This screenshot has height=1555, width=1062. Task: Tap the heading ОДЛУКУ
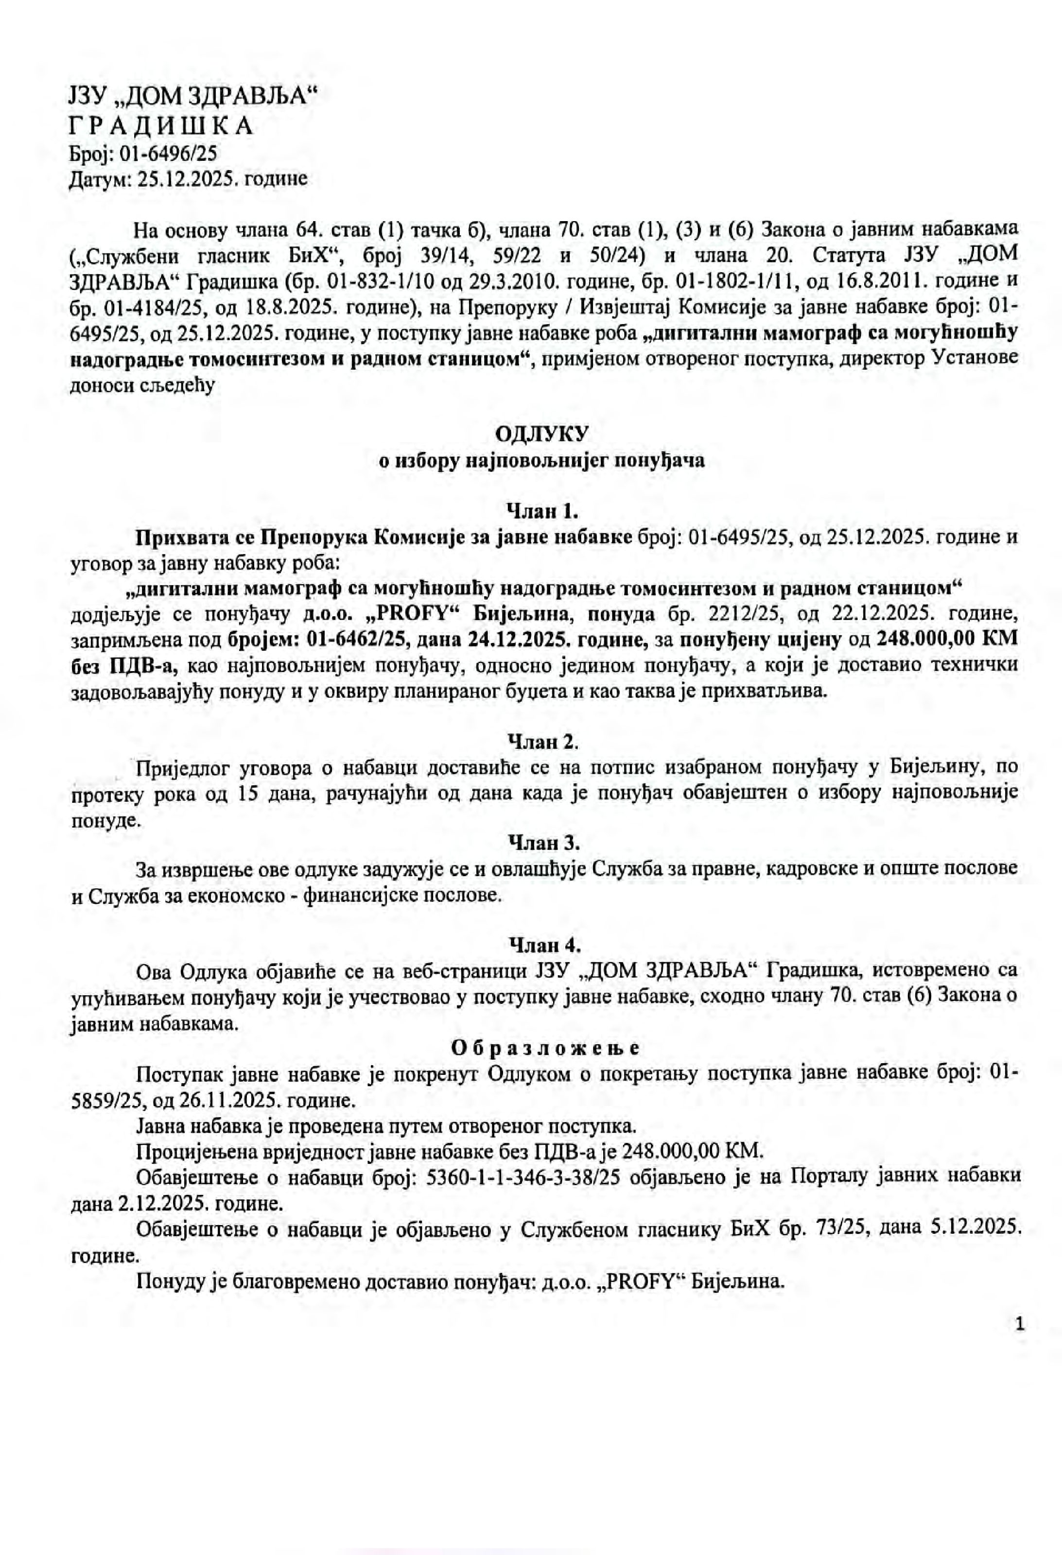pos(542,434)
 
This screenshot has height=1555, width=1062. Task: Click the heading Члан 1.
pos(543,511)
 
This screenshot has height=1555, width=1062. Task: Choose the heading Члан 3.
pos(543,842)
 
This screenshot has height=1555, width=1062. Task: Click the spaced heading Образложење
pos(545,1047)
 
